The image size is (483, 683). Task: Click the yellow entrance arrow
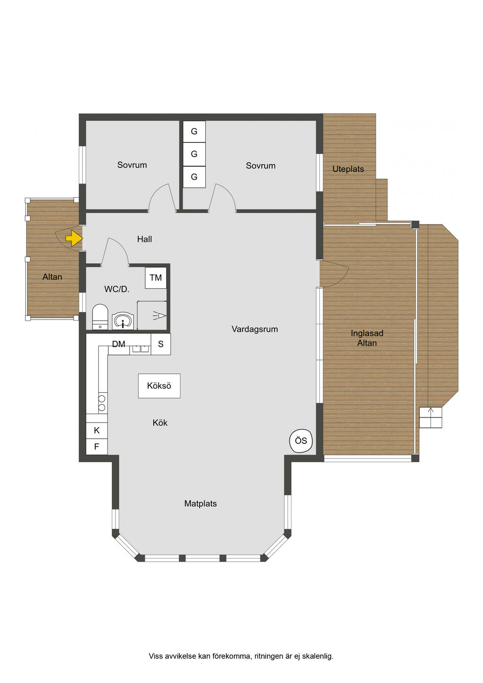click(x=74, y=238)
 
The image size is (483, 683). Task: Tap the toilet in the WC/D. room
click(x=100, y=317)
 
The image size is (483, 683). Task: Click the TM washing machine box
click(x=156, y=278)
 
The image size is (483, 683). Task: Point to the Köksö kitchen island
click(x=159, y=386)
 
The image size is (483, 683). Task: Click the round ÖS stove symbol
click(x=301, y=441)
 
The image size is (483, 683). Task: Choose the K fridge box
click(x=97, y=430)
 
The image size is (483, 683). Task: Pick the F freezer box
click(x=97, y=447)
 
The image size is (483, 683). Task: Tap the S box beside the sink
click(x=161, y=344)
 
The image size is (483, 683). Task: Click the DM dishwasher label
click(x=118, y=344)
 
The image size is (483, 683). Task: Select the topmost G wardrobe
click(x=194, y=132)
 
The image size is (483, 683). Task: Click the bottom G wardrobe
click(x=194, y=177)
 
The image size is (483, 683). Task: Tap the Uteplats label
click(x=348, y=169)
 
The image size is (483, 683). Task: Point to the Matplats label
click(x=200, y=503)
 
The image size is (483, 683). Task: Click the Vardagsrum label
click(x=255, y=329)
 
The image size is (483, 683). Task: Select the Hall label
click(x=144, y=239)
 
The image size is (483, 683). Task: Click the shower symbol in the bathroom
click(x=159, y=316)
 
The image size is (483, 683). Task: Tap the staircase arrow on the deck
click(x=431, y=417)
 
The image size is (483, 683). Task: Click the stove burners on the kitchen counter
click(x=102, y=403)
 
